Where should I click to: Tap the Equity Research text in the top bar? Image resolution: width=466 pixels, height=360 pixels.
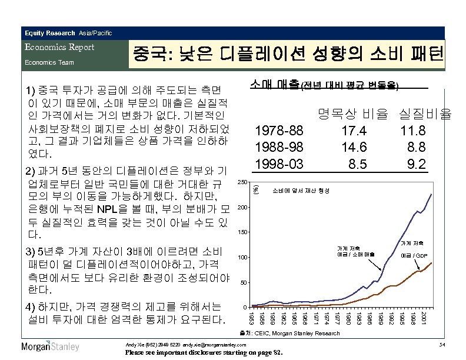[x=50, y=32]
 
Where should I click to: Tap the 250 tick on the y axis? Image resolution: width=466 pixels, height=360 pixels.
[x=241, y=182]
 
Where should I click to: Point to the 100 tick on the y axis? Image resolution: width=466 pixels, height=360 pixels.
[x=241, y=258]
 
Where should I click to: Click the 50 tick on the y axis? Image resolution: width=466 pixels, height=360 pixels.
[x=243, y=283]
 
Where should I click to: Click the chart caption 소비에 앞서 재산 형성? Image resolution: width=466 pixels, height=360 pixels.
[x=301, y=191]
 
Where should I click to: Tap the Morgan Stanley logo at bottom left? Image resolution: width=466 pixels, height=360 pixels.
[x=50, y=346]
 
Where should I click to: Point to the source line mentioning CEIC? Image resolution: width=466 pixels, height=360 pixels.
[x=301, y=333]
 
